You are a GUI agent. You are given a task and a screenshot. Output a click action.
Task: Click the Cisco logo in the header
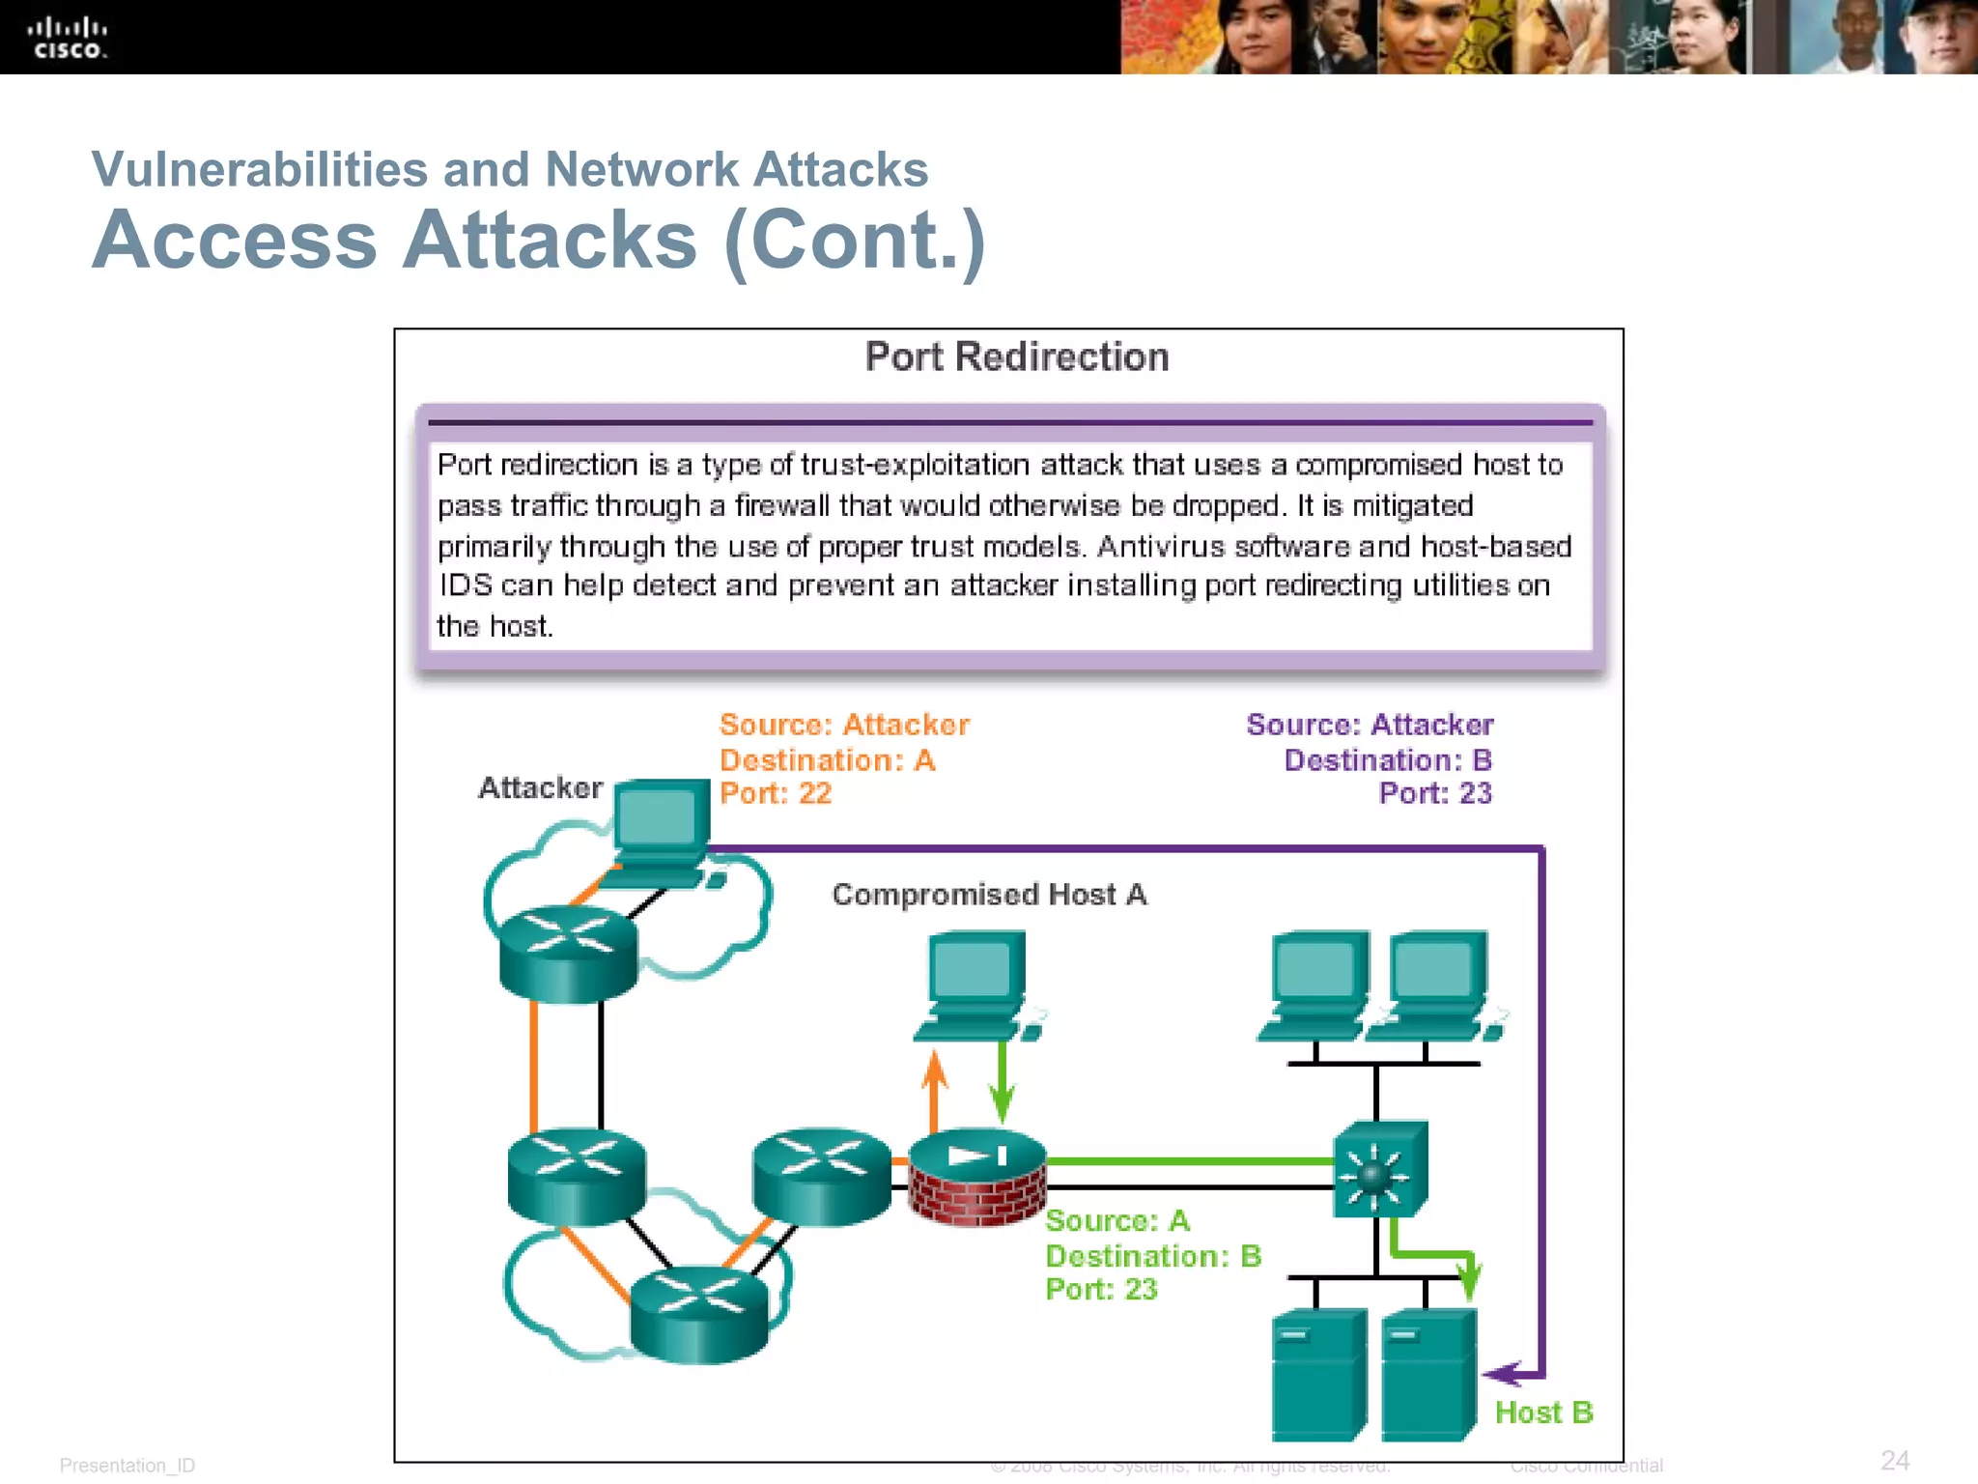(x=67, y=38)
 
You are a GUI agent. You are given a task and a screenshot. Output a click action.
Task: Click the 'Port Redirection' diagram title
(x=1016, y=357)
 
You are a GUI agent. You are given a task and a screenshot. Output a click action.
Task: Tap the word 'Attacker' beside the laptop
(x=540, y=787)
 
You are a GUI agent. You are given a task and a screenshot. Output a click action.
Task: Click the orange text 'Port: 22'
(x=775, y=793)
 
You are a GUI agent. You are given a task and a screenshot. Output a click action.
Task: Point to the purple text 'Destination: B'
(x=1387, y=760)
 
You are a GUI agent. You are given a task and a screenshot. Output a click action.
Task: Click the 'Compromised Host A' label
(x=989, y=895)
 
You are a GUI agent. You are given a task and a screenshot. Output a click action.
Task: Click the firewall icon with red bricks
(x=977, y=1177)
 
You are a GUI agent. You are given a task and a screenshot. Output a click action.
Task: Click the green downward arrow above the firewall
(x=1003, y=1087)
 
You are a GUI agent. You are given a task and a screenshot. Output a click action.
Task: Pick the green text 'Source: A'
(x=1116, y=1221)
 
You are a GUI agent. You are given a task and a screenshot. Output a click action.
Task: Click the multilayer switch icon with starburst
(x=1378, y=1170)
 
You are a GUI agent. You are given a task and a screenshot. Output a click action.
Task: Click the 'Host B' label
(x=1542, y=1413)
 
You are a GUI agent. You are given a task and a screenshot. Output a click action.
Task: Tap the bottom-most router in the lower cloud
(x=698, y=1315)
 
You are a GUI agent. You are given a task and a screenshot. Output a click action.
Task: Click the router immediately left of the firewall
(x=821, y=1176)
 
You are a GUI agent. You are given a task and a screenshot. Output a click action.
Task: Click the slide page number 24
(x=1894, y=1460)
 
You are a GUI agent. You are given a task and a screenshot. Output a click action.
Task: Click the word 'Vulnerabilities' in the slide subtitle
(x=259, y=169)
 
